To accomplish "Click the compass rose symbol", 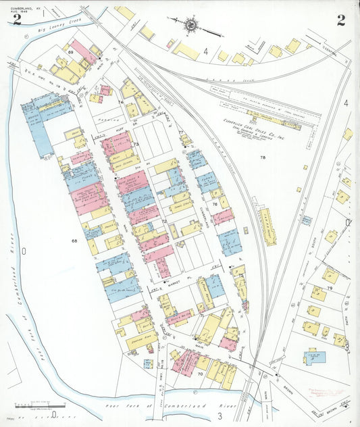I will click(x=191, y=25).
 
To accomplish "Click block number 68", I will click(x=74, y=240).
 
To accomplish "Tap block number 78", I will click(x=262, y=157).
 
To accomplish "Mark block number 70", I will click(x=200, y=373).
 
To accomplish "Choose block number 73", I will click(x=136, y=145).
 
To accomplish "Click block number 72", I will click(x=164, y=221).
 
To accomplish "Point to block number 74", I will click(x=121, y=102).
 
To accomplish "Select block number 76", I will click(x=214, y=203).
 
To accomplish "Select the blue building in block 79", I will click(x=313, y=357).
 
